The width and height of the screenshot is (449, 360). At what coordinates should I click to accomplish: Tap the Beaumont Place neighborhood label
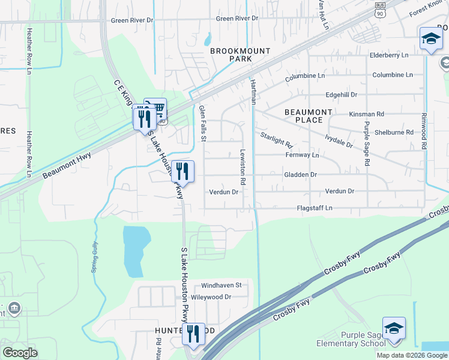click(x=308, y=116)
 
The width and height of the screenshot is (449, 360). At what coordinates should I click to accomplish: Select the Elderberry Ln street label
click(x=389, y=55)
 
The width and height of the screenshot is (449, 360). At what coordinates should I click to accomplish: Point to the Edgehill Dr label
click(x=341, y=95)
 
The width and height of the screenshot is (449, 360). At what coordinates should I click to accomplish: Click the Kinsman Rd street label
click(x=366, y=114)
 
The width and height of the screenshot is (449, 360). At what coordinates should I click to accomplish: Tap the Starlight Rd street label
click(x=276, y=140)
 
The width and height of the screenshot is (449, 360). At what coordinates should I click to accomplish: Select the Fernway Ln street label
click(x=302, y=155)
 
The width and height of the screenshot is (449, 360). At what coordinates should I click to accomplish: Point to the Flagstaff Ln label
click(x=315, y=208)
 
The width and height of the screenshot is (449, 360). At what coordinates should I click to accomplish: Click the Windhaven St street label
click(x=221, y=285)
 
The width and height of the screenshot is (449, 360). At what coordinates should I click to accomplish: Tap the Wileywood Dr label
click(x=211, y=297)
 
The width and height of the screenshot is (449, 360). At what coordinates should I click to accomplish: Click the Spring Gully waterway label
click(x=94, y=257)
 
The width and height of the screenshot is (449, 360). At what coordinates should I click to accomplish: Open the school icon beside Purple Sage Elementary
click(x=394, y=329)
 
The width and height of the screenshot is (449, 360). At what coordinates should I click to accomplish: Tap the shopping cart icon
click(x=157, y=109)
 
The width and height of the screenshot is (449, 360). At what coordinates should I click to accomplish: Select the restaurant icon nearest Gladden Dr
click(x=183, y=171)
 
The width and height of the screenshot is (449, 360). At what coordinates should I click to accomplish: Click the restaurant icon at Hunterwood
click(x=193, y=333)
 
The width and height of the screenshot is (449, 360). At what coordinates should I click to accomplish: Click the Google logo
click(x=20, y=353)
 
